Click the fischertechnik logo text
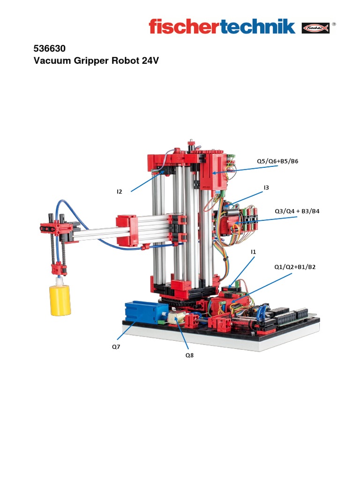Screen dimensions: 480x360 pyautogui.click(x=222, y=26)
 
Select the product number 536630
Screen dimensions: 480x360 pyautogui.click(x=49, y=48)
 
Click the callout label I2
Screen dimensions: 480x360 pyautogui.click(x=120, y=191)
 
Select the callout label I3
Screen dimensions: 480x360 pyautogui.click(x=266, y=187)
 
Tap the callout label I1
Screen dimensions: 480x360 pyautogui.click(x=254, y=252)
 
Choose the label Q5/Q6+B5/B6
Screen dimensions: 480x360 pyautogui.click(x=277, y=161)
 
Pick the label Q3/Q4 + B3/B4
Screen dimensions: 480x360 pyautogui.click(x=297, y=211)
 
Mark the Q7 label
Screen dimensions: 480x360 pyautogui.click(x=116, y=347)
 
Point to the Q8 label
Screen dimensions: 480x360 pyautogui.click(x=189, y=355)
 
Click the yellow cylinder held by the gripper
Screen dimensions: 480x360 pyautogui.click(x=60, y=300)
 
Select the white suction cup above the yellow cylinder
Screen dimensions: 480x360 pyautogui.click(x=60, y=281)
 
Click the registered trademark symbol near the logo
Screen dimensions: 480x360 pyautogui.click(x=334, y=23)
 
